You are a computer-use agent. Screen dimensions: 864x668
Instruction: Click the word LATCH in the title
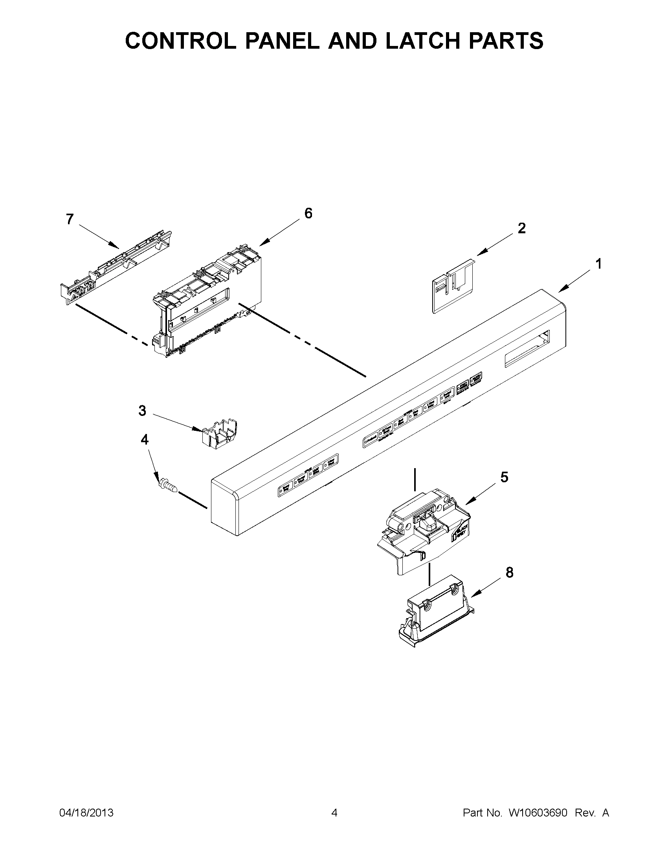[424, 41]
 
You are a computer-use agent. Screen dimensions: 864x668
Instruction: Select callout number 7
[70, 219]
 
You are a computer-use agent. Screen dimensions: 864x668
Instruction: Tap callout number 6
[308, 214]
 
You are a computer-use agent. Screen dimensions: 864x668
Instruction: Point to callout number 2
[522, 228]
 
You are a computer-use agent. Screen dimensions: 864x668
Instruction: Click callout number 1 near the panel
[599, 264]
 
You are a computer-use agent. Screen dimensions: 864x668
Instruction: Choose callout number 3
[142, 411]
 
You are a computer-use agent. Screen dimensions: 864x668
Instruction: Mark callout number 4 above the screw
[145, 439]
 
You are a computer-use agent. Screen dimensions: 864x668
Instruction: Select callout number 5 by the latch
[504, 478]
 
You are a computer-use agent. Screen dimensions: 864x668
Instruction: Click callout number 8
[509, 573]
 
